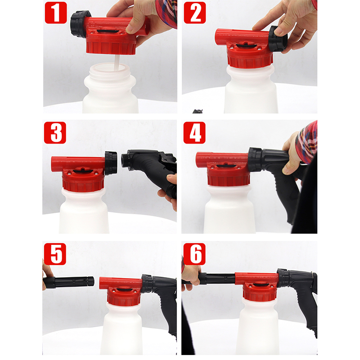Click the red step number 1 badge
click(56, 13)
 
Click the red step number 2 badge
click(195, 13)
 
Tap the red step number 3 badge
click(55, 133)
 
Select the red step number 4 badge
click(194, 133)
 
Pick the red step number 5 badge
click(55, 254)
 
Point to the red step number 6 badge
click(194, 254)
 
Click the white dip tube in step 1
click(117, 63)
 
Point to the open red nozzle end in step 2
click(218, 36)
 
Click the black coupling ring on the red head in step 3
click(111, 163)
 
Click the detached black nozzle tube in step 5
click(69, 282)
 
